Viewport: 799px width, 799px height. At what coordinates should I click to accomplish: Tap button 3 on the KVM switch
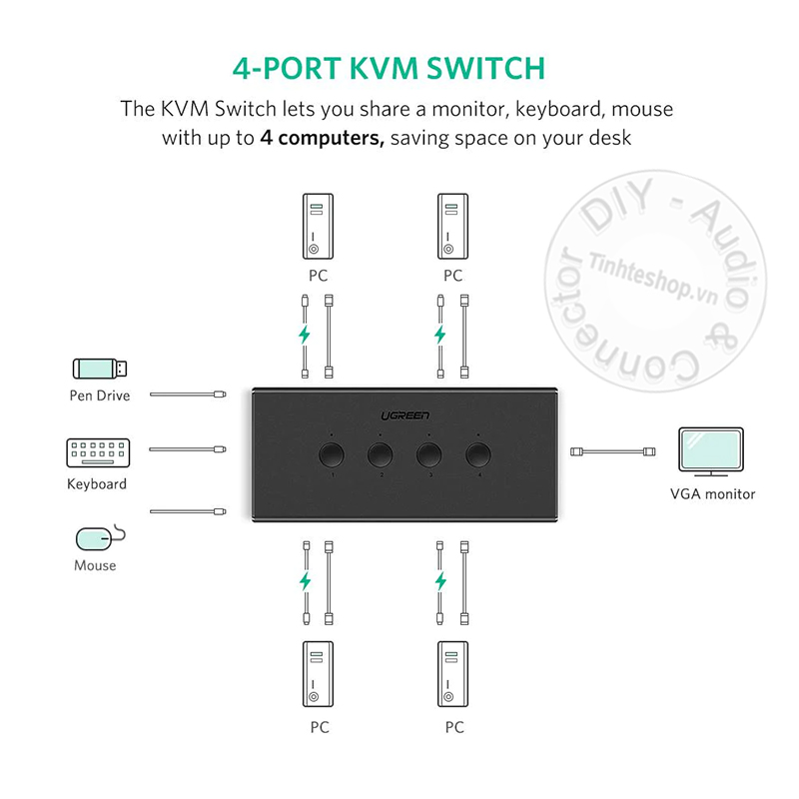pyautogui.click(x=428, y=456)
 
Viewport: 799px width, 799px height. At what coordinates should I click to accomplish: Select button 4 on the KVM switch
pyautogui.click(x=478, y=456)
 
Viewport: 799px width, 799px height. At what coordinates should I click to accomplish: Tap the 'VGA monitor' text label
pyautogui.click(x=712, y=493)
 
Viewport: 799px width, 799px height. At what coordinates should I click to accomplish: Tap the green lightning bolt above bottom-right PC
pyautogui.click(x=440, y=581)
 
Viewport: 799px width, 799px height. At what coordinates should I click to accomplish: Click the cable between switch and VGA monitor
pyautogui.click(x=609, y=453)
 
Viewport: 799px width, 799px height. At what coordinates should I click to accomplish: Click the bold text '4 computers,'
pyautogui.click(x=322, y=138)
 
